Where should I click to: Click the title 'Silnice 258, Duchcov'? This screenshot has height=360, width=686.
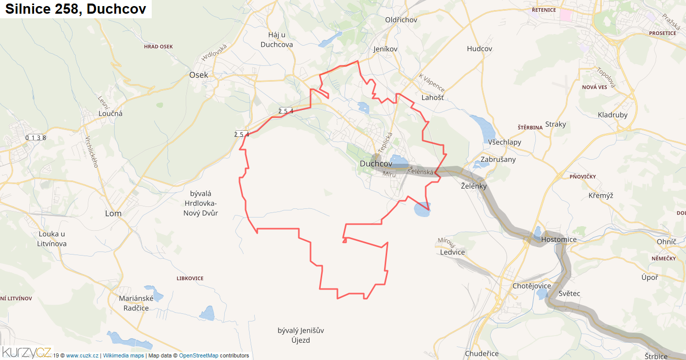pos(76,9)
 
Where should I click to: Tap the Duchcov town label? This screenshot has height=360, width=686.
pos(375,164)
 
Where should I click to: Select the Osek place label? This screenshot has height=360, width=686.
pos(198,75)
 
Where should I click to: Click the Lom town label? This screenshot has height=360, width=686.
pos(113,213)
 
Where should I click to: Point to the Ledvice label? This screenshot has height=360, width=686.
pos(453,252)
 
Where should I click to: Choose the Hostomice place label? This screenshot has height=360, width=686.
pos(559,239)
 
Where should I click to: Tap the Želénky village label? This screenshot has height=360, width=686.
pos(473,186)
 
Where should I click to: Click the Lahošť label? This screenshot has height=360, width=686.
pos(432,97)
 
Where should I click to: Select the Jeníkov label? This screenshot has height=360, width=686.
pos(386,49)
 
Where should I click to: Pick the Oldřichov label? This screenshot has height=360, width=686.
pos(401,20)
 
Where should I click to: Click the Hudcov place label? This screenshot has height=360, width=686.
pos(479,49)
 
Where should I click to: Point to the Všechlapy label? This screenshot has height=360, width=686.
pos(505,142)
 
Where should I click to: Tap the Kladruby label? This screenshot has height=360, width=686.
pos(612,115)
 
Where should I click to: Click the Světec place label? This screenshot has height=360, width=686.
pos(569,294)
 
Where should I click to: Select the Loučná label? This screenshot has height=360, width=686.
pos(110,114)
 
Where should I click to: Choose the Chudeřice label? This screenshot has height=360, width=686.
pos(482,353)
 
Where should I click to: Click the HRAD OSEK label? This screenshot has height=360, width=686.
pos(158,47)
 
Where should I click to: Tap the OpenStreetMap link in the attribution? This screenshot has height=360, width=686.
pos(198,356)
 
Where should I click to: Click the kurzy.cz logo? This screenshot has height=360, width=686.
pos(26,352)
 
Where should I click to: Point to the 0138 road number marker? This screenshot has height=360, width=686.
pos(36,137)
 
